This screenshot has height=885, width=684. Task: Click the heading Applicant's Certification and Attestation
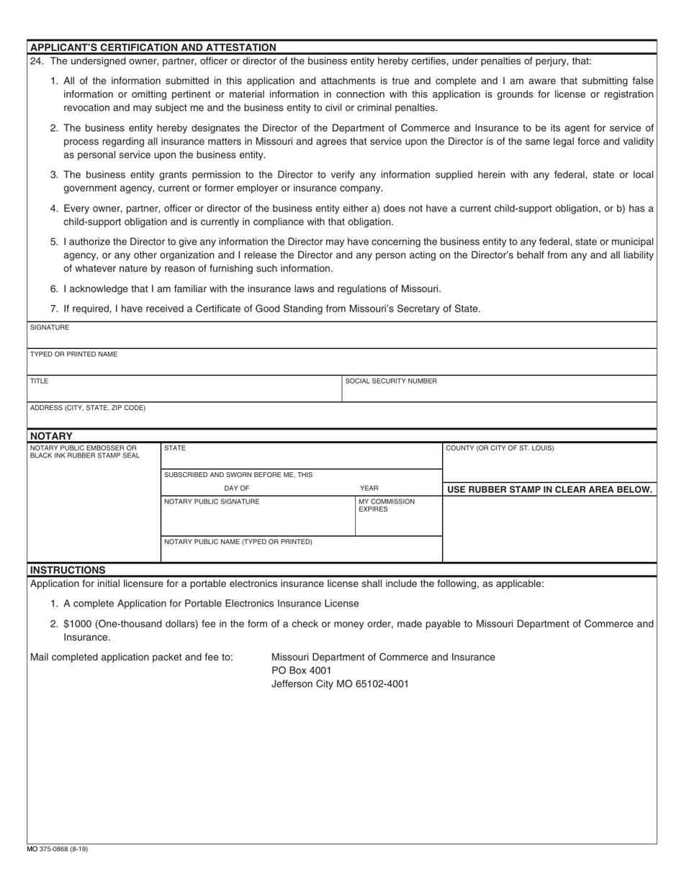(x=153, y=47)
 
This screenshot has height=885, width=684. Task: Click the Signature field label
(x=50, y=327)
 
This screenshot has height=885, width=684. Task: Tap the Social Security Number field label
(x=391, y=381)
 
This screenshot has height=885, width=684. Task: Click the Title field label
(x=39, y=381)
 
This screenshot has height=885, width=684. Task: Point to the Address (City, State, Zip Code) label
(x=87, y=408)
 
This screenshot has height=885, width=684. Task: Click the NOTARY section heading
(x=51, y=436)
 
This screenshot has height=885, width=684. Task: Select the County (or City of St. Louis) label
(x=500, y=448)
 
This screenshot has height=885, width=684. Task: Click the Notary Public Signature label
(x=212, y=501)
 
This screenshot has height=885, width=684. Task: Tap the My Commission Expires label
(x=387, y=505)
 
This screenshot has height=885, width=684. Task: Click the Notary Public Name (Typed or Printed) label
(x=238, y=542)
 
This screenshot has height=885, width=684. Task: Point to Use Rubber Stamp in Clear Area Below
(x=549, y=490)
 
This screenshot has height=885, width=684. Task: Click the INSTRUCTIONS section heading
(x=68, y=570)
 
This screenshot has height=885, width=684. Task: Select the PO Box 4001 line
(x=301, y=671)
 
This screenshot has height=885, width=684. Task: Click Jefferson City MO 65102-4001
(x=339, y=684)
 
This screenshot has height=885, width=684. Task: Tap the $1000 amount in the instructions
(x=77, y=624)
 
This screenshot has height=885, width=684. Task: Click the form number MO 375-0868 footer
(x=58, y=849)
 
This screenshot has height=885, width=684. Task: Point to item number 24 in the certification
(x=37, y=61)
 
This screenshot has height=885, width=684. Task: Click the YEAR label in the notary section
(x=369, y=488)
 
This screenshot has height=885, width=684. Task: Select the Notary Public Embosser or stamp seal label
(x=84, y=451)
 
